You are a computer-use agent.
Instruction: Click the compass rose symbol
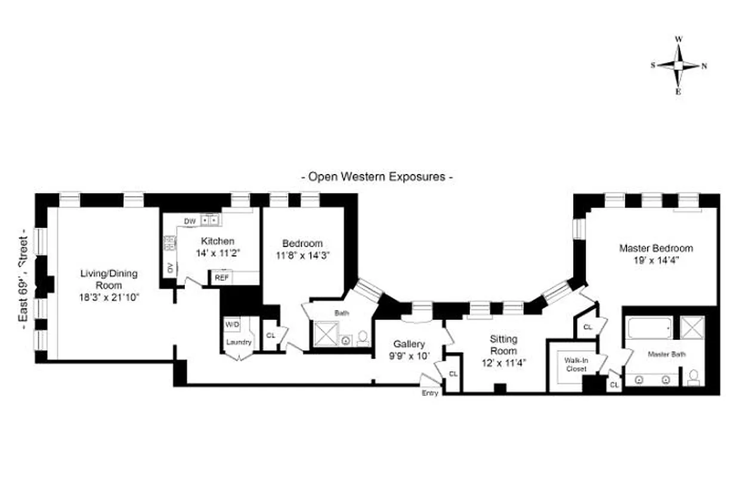pos(679,66)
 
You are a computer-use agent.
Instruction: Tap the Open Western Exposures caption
pos(376,176)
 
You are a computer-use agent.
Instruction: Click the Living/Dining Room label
pos(109,279)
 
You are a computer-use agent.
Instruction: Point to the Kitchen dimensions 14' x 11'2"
pos(217,252)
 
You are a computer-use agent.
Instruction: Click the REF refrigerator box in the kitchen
pos(222,278)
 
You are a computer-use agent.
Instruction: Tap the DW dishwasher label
pos(190,221)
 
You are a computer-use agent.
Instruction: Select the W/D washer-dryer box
pos(232,325)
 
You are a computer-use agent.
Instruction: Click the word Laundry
pos(239,342)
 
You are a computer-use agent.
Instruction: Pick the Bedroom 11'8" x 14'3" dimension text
pos(302,255)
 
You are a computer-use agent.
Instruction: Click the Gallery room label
pos(409,345)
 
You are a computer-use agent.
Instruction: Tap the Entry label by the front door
pos(430,393)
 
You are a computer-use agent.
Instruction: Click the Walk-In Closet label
pos(571,364)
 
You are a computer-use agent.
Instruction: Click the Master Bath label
pos(666,354)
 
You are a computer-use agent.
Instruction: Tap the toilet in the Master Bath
pos(693,377)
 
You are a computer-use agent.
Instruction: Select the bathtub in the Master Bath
pos(650,328)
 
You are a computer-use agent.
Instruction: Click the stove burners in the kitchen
pos(170,243)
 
